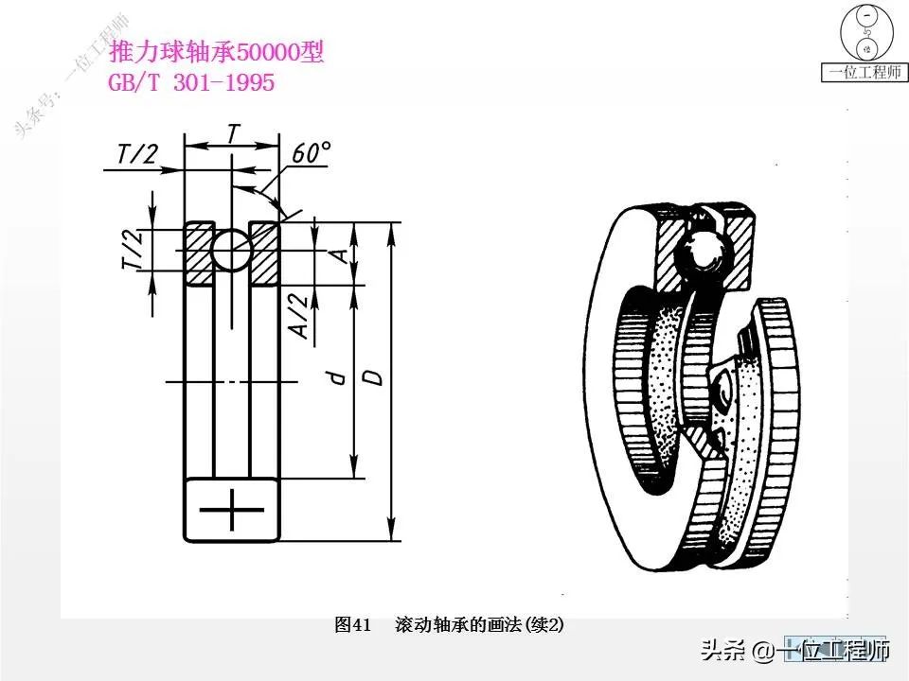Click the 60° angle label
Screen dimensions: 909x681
[x=312, y=153]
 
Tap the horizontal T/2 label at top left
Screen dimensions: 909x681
[x=137, y=154]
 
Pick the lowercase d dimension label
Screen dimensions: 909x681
[x=335, y=377]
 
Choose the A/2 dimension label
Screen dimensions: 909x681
[x=296, y=315]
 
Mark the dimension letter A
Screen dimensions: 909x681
[x=337, y=254]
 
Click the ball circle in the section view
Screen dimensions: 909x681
[x=232, y=251]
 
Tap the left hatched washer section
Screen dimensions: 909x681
[x=199, y=254]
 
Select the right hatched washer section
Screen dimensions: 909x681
[x=265, y=254]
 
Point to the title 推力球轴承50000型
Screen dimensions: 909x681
[x=217, y=53]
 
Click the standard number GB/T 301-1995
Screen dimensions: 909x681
[x=192, y=83]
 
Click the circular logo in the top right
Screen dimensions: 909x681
[x=864, y=32]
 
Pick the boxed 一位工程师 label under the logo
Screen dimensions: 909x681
[x=864, y=73]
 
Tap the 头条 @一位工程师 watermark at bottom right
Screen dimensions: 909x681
[x=795, y=652]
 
